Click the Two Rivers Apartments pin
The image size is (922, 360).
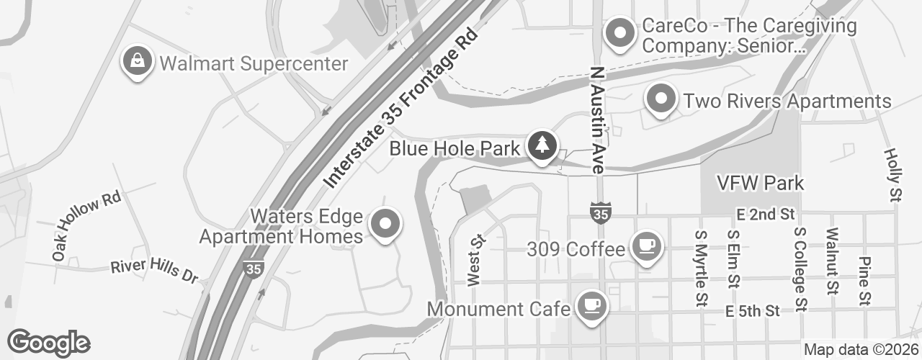point(662,99)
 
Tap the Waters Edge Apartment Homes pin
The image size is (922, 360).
point(385,223)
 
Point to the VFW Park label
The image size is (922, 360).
point(760,183)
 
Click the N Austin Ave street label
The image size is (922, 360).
point(596,121)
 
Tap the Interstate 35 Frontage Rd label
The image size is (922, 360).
point(401,108)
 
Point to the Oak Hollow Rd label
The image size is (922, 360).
point(86,226)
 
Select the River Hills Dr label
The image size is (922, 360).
point(154,271)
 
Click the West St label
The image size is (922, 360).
point(474,259)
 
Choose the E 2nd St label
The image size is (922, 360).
point(765,214)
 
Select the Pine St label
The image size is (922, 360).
point(866,280)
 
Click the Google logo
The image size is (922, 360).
point(49,343)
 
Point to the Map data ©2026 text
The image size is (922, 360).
point(861,350)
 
